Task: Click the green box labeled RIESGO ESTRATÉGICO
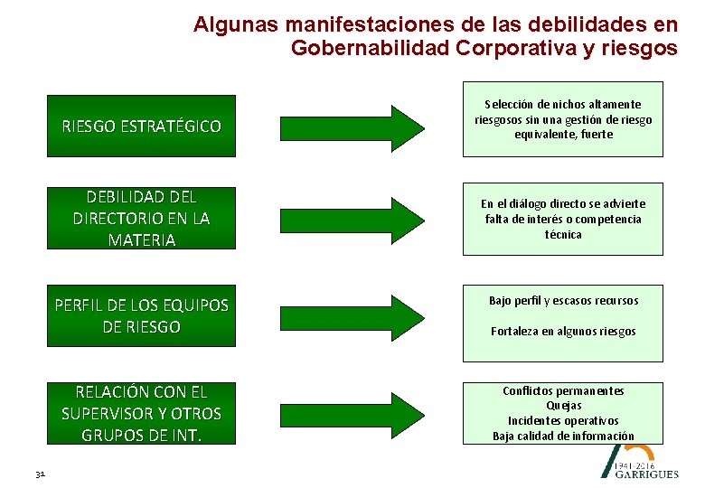tap(141, 126)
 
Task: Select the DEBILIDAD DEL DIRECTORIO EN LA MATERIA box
tap(141, 218)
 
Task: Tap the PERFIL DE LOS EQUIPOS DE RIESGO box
tap(141, 315)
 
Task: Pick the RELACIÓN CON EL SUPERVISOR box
tap(141, 413)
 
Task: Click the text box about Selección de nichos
tap(563, 119)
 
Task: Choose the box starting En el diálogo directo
tap(563, 219)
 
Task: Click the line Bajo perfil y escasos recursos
tap(563, 300)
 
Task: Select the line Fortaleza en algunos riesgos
tap(563, 331)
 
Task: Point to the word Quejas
tap(563, 406)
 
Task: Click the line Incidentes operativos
tap(563, 421)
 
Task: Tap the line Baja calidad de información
tap(563, 436)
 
